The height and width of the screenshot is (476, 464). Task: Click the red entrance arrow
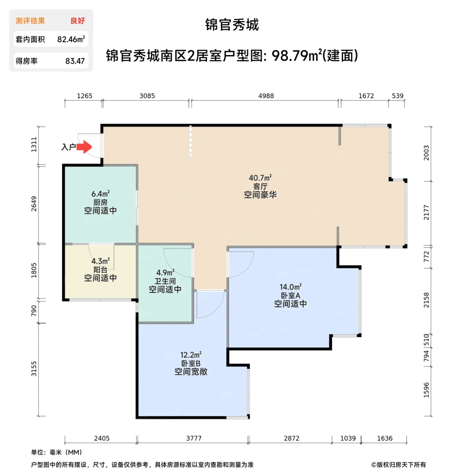[84, 147]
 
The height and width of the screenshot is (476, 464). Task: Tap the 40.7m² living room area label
[260, 178]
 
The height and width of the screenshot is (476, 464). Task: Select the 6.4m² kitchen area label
[101, 194]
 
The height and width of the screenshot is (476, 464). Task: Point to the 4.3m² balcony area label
[101, 261]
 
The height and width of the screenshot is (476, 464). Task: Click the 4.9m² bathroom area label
[165, 273]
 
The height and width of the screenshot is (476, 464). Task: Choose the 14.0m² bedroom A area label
[290, 287]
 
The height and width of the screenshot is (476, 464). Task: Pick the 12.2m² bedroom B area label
[191, 355]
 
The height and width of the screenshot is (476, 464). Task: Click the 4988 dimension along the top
[266, 96]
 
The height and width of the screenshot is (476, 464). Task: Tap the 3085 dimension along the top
[147, 96]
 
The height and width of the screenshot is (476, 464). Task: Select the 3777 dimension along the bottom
[194, 438]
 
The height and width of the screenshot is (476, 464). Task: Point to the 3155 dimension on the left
[34, 369]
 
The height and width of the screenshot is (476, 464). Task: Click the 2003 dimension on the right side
[426, 153]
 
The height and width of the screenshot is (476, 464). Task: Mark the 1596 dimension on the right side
[426, 390]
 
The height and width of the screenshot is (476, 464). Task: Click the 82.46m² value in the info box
[71, 39]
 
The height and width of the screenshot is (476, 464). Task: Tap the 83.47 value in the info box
[75, 61]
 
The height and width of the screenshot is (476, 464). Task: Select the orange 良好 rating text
[77, 21]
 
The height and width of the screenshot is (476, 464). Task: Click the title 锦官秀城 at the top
[232, 25]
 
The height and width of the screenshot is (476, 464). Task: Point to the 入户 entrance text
[68, 147]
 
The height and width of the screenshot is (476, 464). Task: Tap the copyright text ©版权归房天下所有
[398, 465]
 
